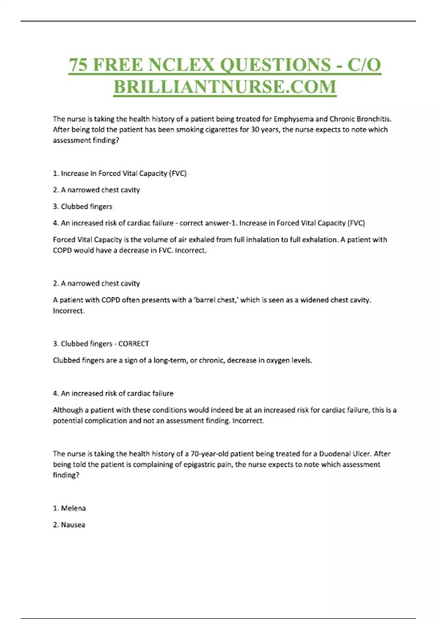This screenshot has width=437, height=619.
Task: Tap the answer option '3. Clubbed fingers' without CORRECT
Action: (83, 206)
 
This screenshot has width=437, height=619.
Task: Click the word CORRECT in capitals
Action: (134, 344)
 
